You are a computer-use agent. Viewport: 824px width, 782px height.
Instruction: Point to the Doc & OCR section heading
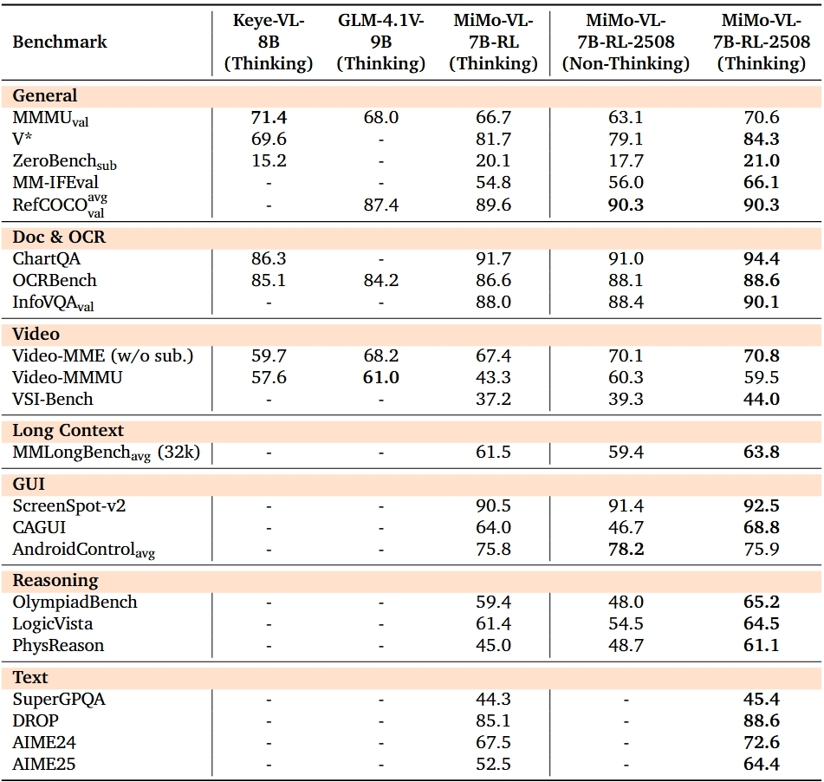point(59,237)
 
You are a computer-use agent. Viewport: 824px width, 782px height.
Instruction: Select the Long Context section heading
point(68,430)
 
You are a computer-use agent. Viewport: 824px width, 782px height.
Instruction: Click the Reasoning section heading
point(55,580)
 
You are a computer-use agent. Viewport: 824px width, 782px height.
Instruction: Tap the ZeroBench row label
point(64,161)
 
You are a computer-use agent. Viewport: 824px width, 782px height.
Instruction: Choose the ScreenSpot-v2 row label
point(68,505)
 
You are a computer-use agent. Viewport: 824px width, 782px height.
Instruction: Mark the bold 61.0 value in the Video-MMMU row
point(380,377)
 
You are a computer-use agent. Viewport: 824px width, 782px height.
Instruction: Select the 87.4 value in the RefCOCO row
point(380,205)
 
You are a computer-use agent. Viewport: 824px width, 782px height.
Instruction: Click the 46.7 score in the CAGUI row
point(626,527)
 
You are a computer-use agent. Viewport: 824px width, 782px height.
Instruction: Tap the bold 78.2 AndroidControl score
point(626,549)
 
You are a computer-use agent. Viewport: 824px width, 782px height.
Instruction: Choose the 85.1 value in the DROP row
point(494,720)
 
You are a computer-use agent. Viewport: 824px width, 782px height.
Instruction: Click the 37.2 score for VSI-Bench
point(494,399)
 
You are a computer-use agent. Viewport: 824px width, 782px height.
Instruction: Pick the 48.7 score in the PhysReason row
point(626,645)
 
